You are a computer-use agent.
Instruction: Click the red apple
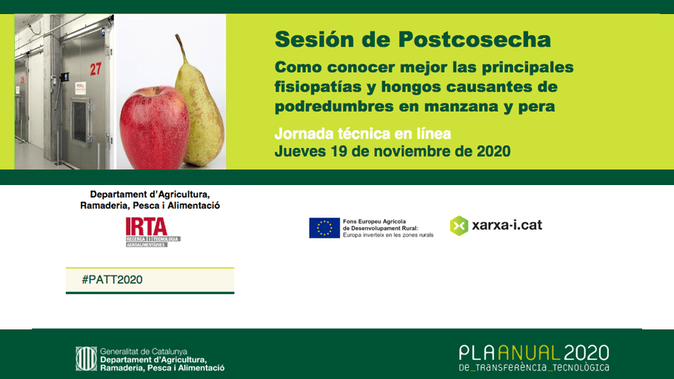coord(153,126)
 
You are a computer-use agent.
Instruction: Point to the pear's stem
coord(179,49)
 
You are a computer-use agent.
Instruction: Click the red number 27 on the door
coord(96,69)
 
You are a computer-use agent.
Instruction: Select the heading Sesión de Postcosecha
coord(413,38)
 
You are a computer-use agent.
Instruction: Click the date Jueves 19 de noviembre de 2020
coord(392,151)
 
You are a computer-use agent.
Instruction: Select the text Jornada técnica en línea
coord(362,134)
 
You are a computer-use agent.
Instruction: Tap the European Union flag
coord(324,228)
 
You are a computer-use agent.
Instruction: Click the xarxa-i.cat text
coord(507,224)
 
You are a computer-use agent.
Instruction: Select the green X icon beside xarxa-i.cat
coord(459,225)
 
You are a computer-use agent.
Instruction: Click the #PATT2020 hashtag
coord(112,280)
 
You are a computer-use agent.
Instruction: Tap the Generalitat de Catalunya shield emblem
coord(86,359)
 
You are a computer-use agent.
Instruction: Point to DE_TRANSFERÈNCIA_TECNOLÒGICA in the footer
coord(533,367)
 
